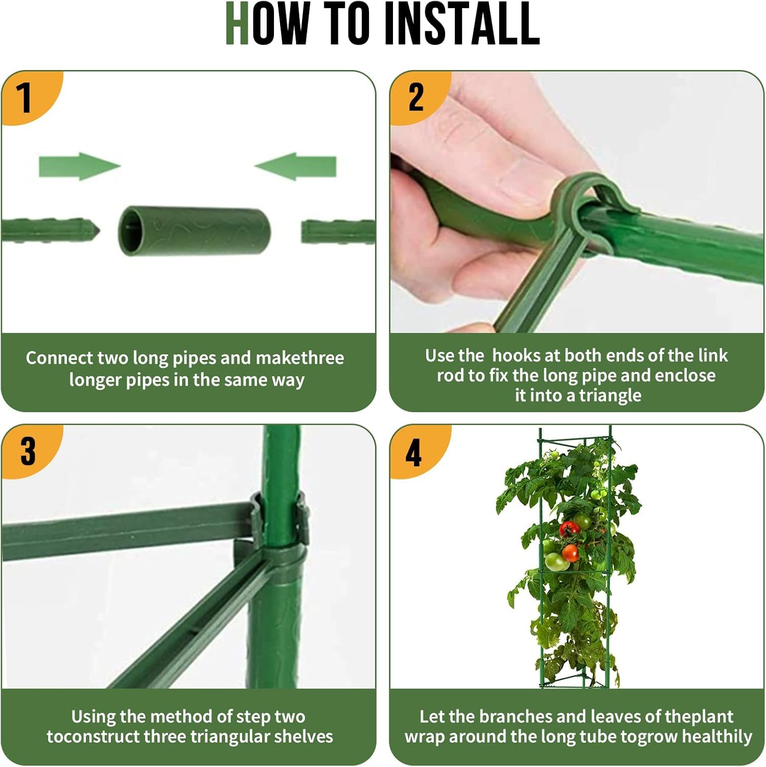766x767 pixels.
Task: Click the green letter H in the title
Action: coord(237,24)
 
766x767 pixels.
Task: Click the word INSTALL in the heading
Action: coord(462,24)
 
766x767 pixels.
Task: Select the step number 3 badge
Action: coord(28,451)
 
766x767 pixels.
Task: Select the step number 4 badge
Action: coord(413,453)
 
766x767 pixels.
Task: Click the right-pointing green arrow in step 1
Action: coord(79,166)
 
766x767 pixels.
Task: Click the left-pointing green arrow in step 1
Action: coord(296,166)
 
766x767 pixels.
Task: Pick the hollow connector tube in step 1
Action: coord(194,231)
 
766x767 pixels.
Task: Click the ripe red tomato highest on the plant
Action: coord(568,528)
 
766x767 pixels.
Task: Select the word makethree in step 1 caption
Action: coord(299,358)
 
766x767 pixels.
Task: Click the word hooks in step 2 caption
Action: coord(516,355)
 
